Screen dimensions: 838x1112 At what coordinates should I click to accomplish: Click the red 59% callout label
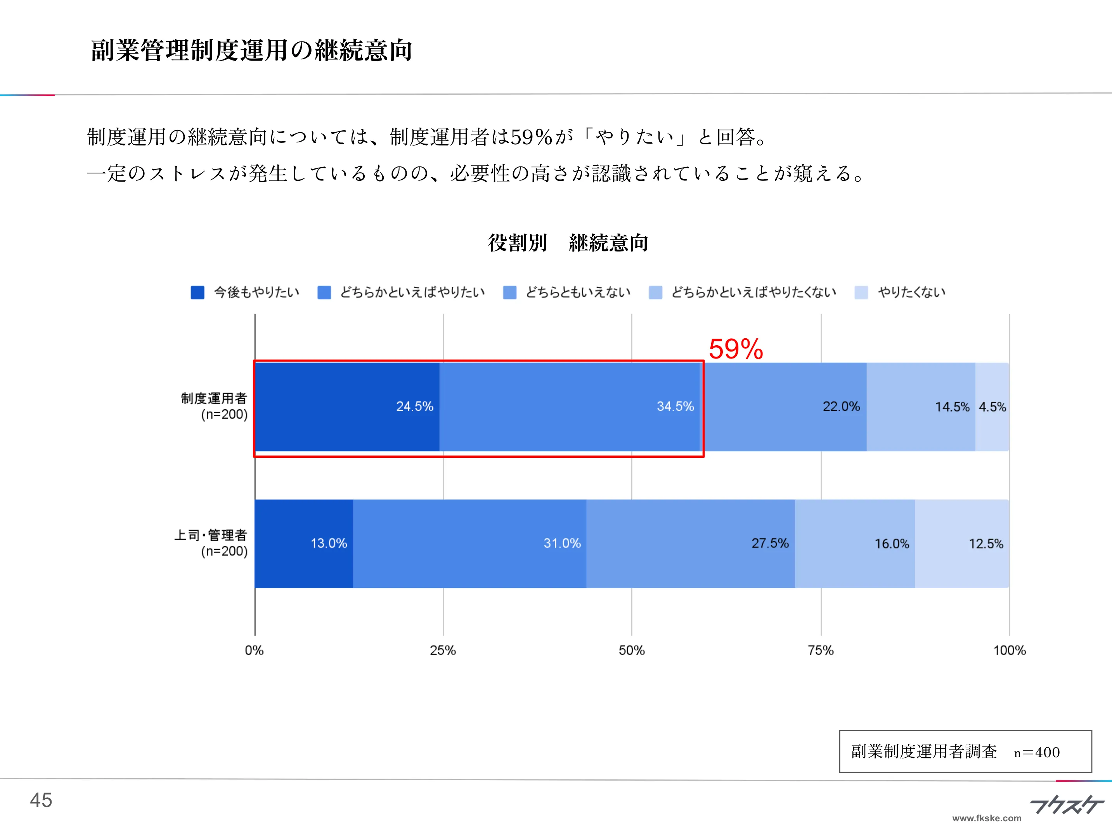pos(736,349)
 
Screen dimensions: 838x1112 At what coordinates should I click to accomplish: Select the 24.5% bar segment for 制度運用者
pos(347,407)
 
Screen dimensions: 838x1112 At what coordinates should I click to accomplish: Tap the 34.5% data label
pos(675,407)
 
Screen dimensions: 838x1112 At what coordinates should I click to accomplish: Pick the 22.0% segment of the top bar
pos(784,407)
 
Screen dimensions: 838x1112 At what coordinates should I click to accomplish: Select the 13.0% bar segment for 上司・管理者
pos(304,544)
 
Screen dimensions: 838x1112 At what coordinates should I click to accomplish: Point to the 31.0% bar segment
pos(469,544)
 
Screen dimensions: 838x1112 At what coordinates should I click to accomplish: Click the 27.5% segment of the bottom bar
pos(690,544)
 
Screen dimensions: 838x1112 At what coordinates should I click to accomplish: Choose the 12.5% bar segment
pos(962,544)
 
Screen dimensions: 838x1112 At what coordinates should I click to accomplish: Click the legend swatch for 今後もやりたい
pos(197,293)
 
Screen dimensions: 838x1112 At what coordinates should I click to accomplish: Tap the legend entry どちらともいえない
pos(578,293)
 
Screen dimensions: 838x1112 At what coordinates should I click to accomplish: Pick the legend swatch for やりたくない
pos(861,293)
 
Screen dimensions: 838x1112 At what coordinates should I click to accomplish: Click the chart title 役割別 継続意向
pos(568,243)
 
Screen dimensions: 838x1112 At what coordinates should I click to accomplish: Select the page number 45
pos(41,800)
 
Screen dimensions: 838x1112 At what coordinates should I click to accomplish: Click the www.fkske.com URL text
pos(987,818)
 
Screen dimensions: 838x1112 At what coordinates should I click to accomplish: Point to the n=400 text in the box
pos(1037,753)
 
